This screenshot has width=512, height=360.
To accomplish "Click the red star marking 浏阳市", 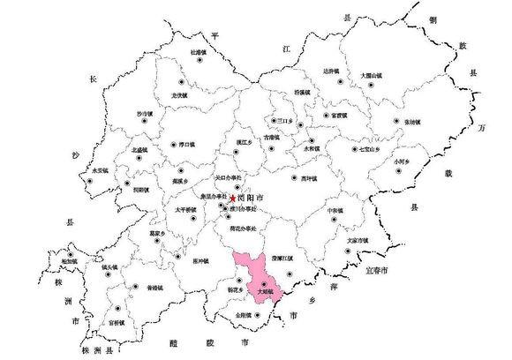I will click(x=233, y=199).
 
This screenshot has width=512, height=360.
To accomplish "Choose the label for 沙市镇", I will click(x=145, y=113).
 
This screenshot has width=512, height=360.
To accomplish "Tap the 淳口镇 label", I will click(x=186, y=144).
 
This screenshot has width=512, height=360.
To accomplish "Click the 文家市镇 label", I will click(x=358, y=239).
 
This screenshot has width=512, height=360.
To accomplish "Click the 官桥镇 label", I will click(x=118, y=324).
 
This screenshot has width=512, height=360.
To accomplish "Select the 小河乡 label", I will click(x=404, y=161).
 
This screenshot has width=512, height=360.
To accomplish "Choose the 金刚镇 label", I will click(x=245, y=314).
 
